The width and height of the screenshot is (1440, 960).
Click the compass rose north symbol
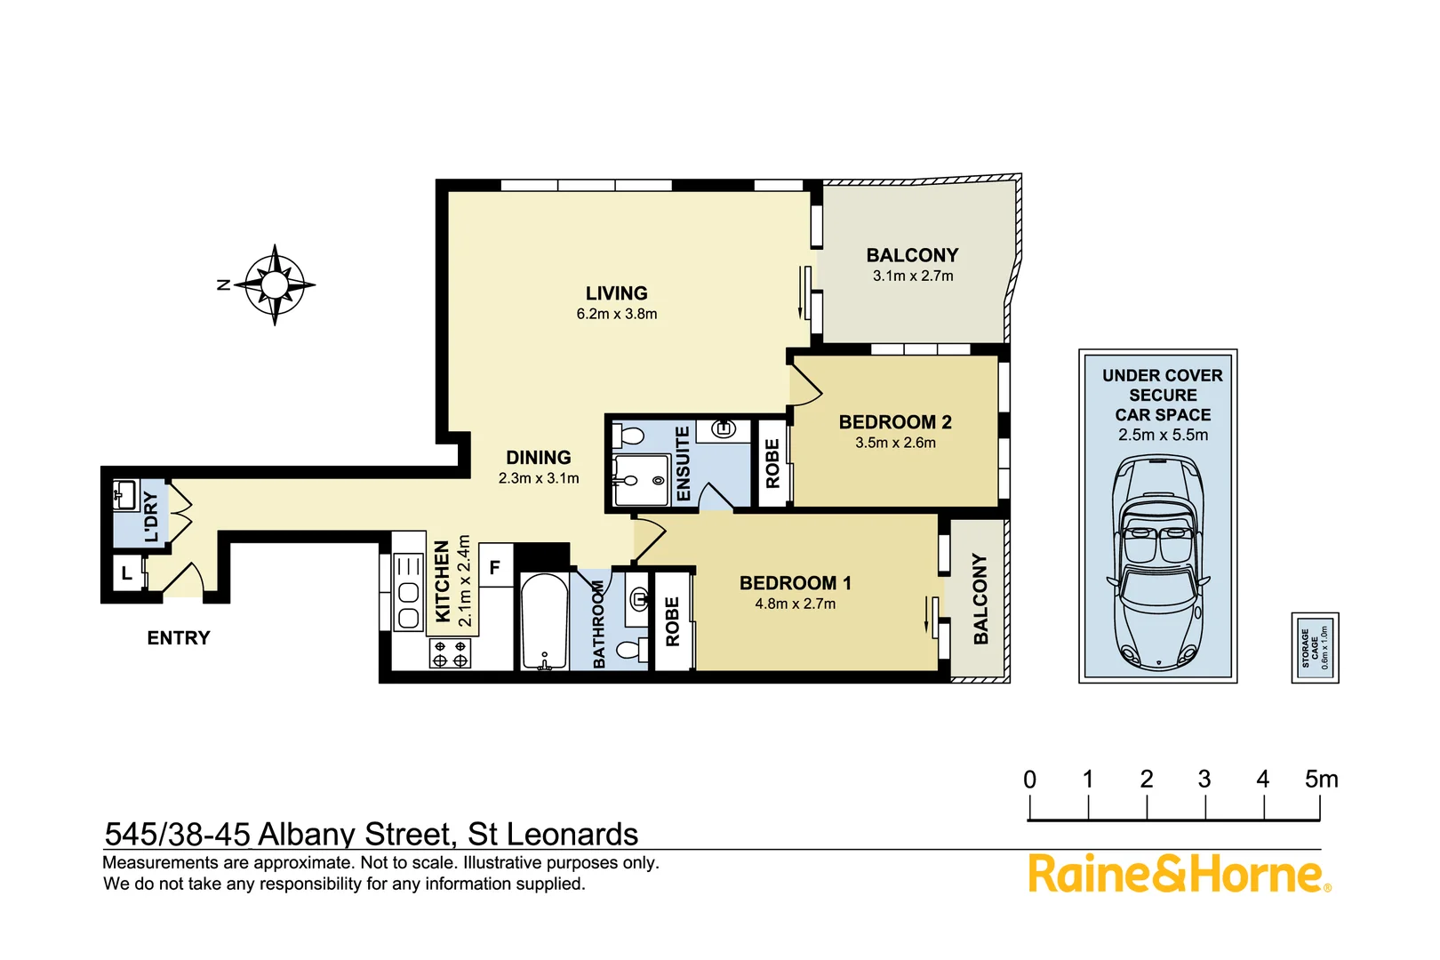tap(275, 284)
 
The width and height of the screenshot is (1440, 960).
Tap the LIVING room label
tap(616, 293)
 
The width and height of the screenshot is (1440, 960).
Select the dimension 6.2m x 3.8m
tap(616, 314)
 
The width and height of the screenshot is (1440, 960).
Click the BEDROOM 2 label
tap(895, 422)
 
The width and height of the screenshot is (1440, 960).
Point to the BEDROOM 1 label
tap(795, 583)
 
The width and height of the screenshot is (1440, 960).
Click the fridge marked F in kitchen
tap(495, 567)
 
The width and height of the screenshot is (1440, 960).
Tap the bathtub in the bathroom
tap(543, 621)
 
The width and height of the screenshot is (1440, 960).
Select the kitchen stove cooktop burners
tap(450, 653)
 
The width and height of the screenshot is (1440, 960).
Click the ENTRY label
tap(179, 638)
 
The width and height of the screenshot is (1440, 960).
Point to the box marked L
tap(127, 573)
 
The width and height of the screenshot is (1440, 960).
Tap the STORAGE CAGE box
tap(1315, 647)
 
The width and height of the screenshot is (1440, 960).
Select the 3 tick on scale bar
tap(1205, 807)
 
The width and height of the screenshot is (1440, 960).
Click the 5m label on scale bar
tap(1321, 780)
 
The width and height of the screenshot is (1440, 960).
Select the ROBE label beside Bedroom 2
tap(772, 464)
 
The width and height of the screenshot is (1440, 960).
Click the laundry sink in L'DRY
tap(124, 494)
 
